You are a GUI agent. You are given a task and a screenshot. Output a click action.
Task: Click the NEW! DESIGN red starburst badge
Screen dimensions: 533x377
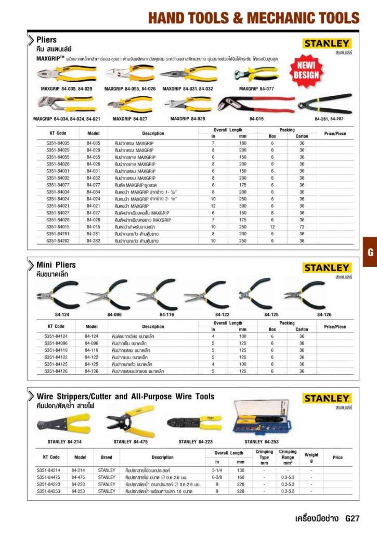(x=306, y=70)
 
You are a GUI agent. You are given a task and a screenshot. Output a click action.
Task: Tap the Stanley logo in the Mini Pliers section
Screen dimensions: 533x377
(x=327, y=268)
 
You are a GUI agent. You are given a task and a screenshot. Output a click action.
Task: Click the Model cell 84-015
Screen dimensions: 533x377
(x=93, y=227)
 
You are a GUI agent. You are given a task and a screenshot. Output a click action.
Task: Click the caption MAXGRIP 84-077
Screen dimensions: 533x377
(x=256, y=89)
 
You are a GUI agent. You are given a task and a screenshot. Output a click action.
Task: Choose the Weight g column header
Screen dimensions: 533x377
(x=311, y=457)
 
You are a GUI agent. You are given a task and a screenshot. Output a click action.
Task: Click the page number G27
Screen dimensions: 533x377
(x=352, y=518)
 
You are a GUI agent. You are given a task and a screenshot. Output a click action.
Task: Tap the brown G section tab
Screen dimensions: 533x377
(x=370, y=253)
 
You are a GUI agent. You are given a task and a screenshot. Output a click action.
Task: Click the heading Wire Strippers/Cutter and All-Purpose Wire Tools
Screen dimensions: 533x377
(x=125, y=397)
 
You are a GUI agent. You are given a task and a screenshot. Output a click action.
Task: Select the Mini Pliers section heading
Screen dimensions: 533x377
(x=56, y=265)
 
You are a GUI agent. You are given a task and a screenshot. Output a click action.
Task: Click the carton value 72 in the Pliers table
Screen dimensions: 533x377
(x=302, y=227)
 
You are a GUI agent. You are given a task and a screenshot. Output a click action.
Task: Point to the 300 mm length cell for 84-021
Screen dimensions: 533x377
(x=242, y=206)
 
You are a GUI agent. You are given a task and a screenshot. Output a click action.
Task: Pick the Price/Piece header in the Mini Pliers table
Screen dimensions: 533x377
(x=334, y=327)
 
